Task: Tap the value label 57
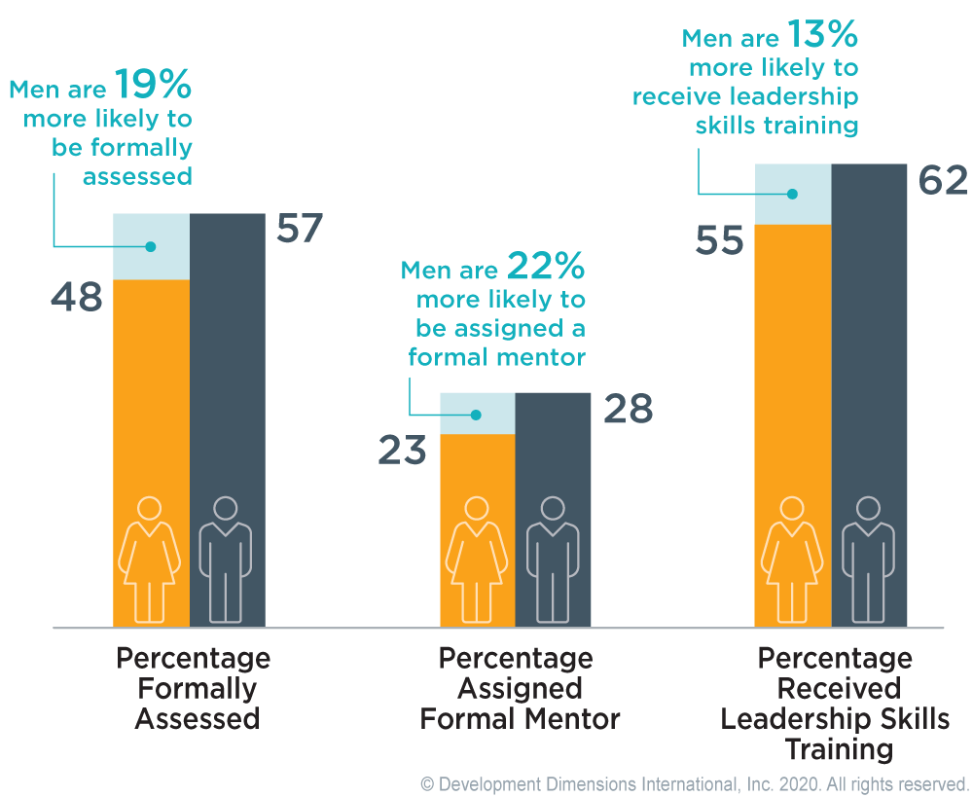300,230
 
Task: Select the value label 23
403,452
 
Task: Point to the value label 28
629,411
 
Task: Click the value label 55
720,241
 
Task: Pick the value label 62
943,181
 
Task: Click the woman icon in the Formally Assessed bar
150,560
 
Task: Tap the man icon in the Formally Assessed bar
226,560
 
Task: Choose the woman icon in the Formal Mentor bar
477,560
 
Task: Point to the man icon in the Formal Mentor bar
553,560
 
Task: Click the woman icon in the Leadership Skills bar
793,560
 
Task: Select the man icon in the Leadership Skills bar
869,560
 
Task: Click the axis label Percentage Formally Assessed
194,688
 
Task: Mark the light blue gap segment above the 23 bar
477,414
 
